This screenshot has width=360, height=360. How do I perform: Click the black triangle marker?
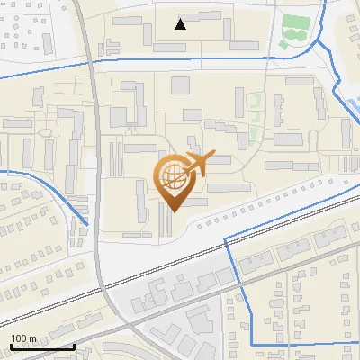[x=181, y=24]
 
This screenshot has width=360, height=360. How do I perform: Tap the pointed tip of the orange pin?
[x=171, y=211]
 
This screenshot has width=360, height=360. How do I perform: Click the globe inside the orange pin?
[x=171, y=177]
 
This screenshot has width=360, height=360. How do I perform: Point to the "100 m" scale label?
[x=23, y=338]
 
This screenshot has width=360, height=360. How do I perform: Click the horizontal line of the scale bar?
[x=41, y=346]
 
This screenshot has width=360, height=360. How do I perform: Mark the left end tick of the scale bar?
[x=11, y=345]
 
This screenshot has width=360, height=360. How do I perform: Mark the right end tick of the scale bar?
[x=73, y=345]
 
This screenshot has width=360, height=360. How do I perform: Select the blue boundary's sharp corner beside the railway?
[x=224, y=236]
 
